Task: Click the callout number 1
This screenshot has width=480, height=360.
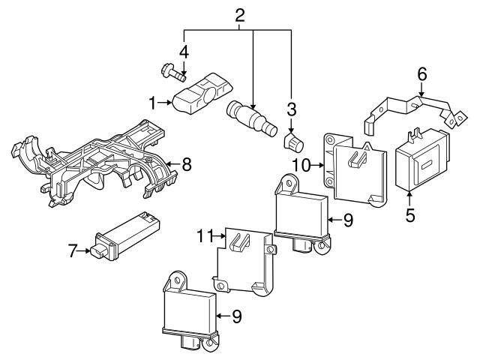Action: pyautogui.click(x=152, y=103)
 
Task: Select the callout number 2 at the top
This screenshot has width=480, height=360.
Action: pyautogui.click(x=240, y=16)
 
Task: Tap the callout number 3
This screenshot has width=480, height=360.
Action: pyautogui.click(x=292, y=109)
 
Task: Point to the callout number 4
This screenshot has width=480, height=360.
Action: pyautogui.click(x=184, y=52)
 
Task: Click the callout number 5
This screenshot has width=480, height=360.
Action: pyautogui.click(x=410, y=215)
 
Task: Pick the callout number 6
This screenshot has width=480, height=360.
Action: pyautogui.click(x=422, y=74)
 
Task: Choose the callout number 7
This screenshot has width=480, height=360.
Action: pyautogui.click(x=72, y=251)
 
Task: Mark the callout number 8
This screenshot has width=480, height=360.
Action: pyautogui.click(x=187, y=164)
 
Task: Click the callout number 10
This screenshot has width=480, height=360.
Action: pyautogui.click(x=301, y=165)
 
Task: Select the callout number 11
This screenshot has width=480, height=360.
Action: pyautogui.click(x=204, y=236)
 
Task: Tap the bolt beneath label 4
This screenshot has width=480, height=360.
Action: pyautogui.click(x=173, y=72)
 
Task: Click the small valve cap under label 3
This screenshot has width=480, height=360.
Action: pyautogui.click(x=293, y=142)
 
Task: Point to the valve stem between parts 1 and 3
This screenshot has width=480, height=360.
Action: pyautogui.click(x=252, y=118)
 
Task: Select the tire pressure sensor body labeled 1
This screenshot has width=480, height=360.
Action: pyautogui.click(x=203, y=94)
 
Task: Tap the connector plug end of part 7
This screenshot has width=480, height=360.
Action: pyautogui.click(x=98, y=253)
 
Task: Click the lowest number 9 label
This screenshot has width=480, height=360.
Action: pyautogui.click(x=236, y=316)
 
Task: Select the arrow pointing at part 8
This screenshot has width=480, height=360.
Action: pyautogui.click(x=172, y=164)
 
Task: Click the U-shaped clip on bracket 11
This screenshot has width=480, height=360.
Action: pyautogui.click(x=239, y=241)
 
